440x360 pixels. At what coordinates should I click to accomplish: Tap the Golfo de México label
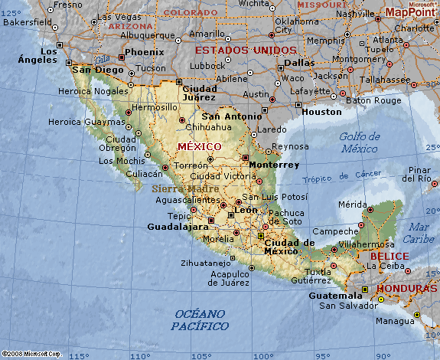pyautogui.click(x=359, y=142)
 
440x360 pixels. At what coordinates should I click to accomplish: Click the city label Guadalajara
pyautogui.click(x=178, y=227)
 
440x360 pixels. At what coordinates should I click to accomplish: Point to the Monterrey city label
pyautogui.click(x=273, y=165)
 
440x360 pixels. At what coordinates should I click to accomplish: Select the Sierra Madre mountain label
pyautogui.click(x=186, y=188)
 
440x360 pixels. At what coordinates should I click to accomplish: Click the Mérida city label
pyautogui.click(x=353, y=205)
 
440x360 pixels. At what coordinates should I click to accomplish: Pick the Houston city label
pyautogui.click(x=321, y=112)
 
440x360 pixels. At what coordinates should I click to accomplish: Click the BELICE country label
pyautogui.click(x=389, y=256)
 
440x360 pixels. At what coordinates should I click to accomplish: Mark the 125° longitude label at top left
pyautogui.click(x=11, y=12)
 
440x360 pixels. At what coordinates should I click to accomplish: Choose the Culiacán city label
pyautogui.click(x=144, y=174)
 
